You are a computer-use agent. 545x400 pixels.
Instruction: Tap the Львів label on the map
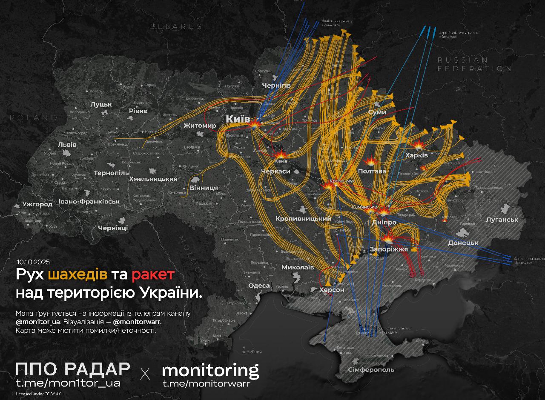(67, 144)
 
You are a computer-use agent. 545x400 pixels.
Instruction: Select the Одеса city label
(259, 286)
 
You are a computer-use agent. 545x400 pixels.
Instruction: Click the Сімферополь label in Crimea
(371, 369)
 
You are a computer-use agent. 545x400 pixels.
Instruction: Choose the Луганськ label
(502, 220)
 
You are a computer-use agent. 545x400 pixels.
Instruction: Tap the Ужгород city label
(37, 204)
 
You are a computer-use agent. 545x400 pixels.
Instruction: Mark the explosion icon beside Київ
(254, 124)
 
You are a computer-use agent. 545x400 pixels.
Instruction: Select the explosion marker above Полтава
(373, 162)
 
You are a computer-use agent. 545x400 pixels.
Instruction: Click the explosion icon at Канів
(281, 155)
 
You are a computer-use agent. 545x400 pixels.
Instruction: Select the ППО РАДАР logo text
(72, 369)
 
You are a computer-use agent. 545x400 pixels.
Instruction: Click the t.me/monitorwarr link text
(206, 383)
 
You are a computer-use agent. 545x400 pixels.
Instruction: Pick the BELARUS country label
(175, 26)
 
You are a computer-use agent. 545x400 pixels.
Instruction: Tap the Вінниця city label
(203, 188)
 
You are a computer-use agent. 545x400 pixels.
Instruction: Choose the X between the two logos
(145, 374)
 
